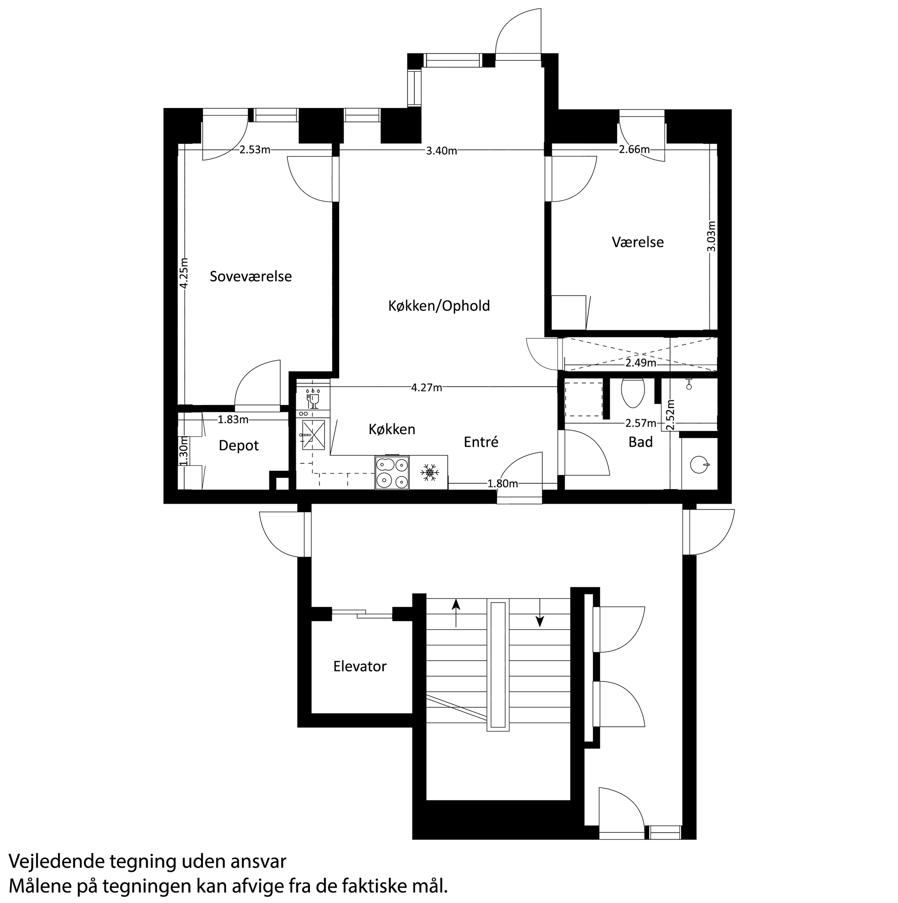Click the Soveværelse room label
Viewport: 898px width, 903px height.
251,276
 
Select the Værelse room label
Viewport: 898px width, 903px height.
638,242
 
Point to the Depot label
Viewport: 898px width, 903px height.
238,446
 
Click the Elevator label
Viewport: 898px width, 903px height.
360,666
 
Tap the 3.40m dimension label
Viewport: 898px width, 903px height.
441,151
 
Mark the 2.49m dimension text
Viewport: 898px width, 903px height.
641,363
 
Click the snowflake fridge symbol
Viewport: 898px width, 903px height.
428,472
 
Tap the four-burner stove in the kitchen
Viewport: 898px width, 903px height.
392,473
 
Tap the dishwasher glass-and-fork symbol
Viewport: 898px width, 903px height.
312,398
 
